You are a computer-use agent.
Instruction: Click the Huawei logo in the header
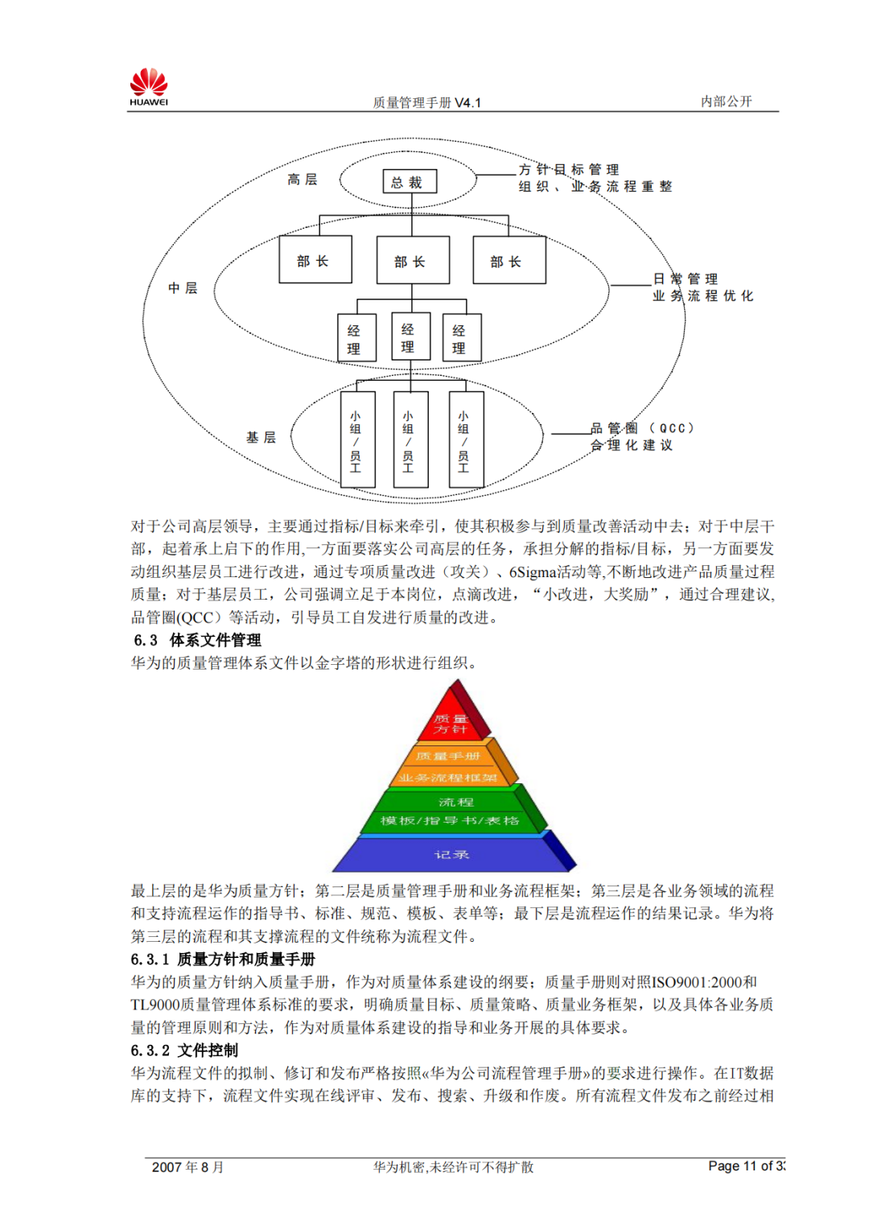coord(149,87)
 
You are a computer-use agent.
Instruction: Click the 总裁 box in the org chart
coord(409,182)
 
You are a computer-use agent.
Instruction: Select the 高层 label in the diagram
coord(303,180)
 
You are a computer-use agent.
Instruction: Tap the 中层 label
coord(183,288)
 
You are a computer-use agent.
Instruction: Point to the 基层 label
coord(261,437)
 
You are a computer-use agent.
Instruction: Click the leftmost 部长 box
coord(315,260)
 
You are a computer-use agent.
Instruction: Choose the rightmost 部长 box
coord(509,261)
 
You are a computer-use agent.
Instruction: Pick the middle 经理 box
coord(409,337)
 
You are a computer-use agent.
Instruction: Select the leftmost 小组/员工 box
coord(356,440)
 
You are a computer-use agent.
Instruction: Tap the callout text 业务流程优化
coord(702,296)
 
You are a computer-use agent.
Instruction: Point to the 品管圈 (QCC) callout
coord(641,428)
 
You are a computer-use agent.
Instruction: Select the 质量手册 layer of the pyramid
coord(448,756)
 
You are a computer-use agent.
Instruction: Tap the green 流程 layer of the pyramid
coord(455,802)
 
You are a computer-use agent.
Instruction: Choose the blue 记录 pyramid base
coord(451,854)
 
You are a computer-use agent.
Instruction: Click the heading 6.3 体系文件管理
coord(198,640)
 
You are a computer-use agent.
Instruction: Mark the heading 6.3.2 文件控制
coord(184,1050)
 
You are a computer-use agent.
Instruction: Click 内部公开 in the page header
coord(726,101)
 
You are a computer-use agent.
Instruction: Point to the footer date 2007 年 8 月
coord(187,1166)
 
